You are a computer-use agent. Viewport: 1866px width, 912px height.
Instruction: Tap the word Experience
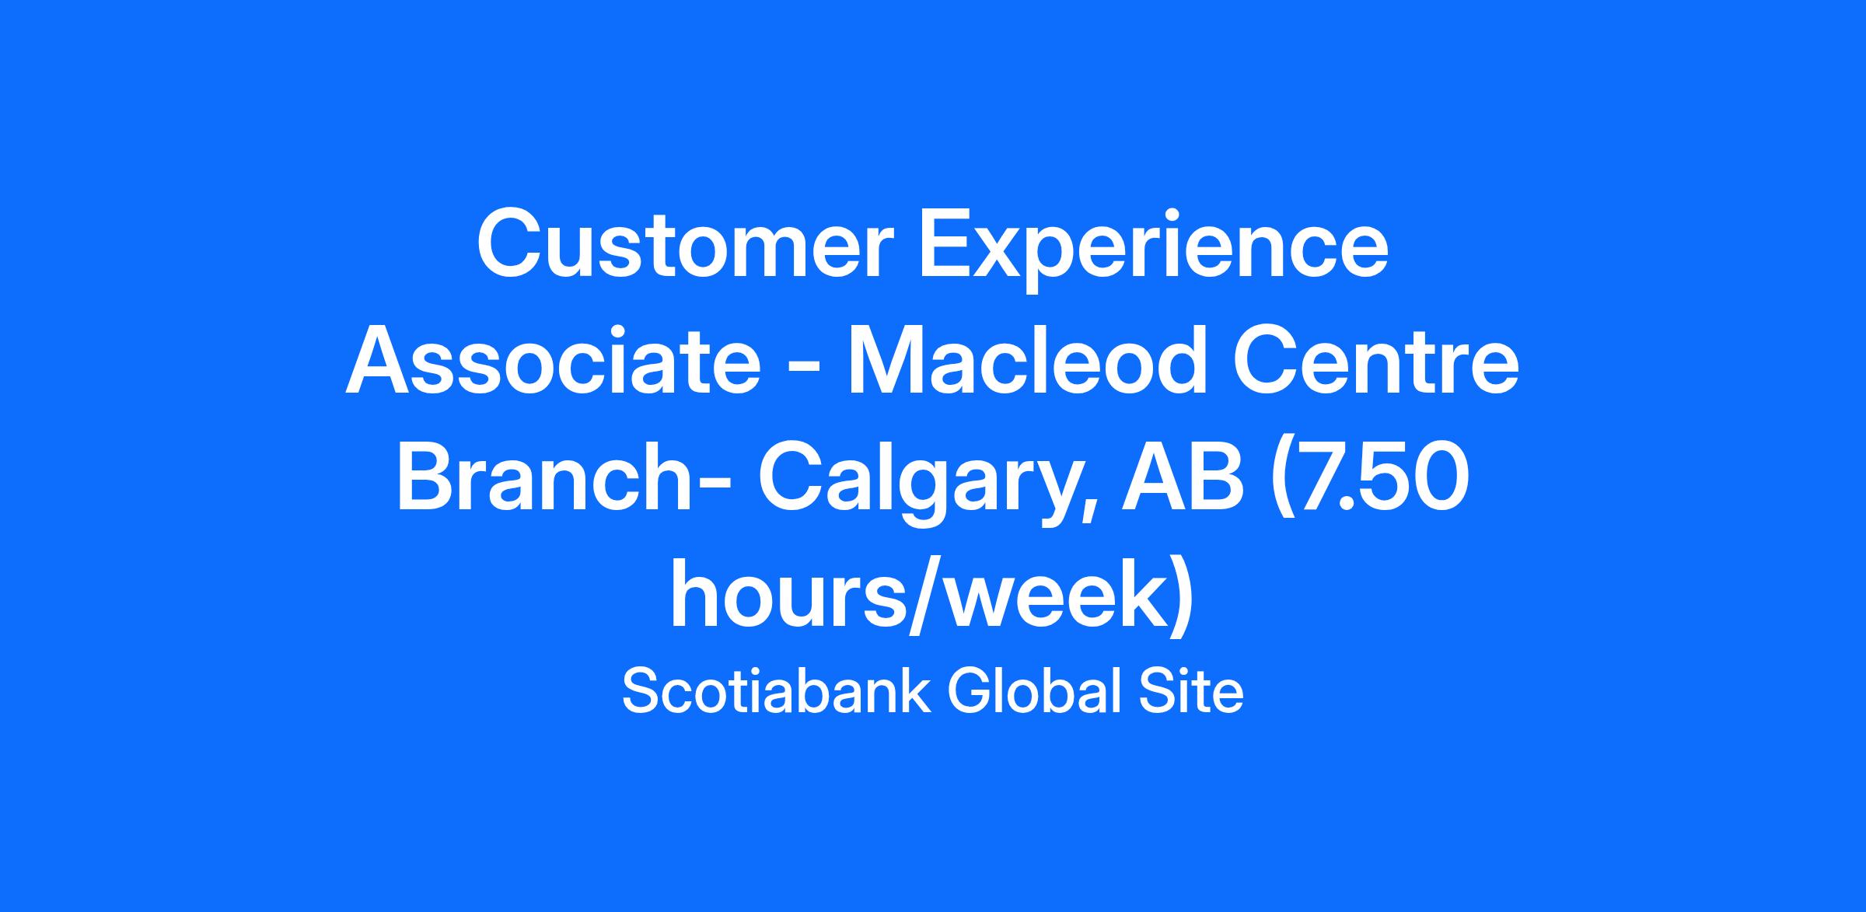pos(1154,250)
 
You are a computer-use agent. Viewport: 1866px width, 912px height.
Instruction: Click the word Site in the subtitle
pos(1191,692)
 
